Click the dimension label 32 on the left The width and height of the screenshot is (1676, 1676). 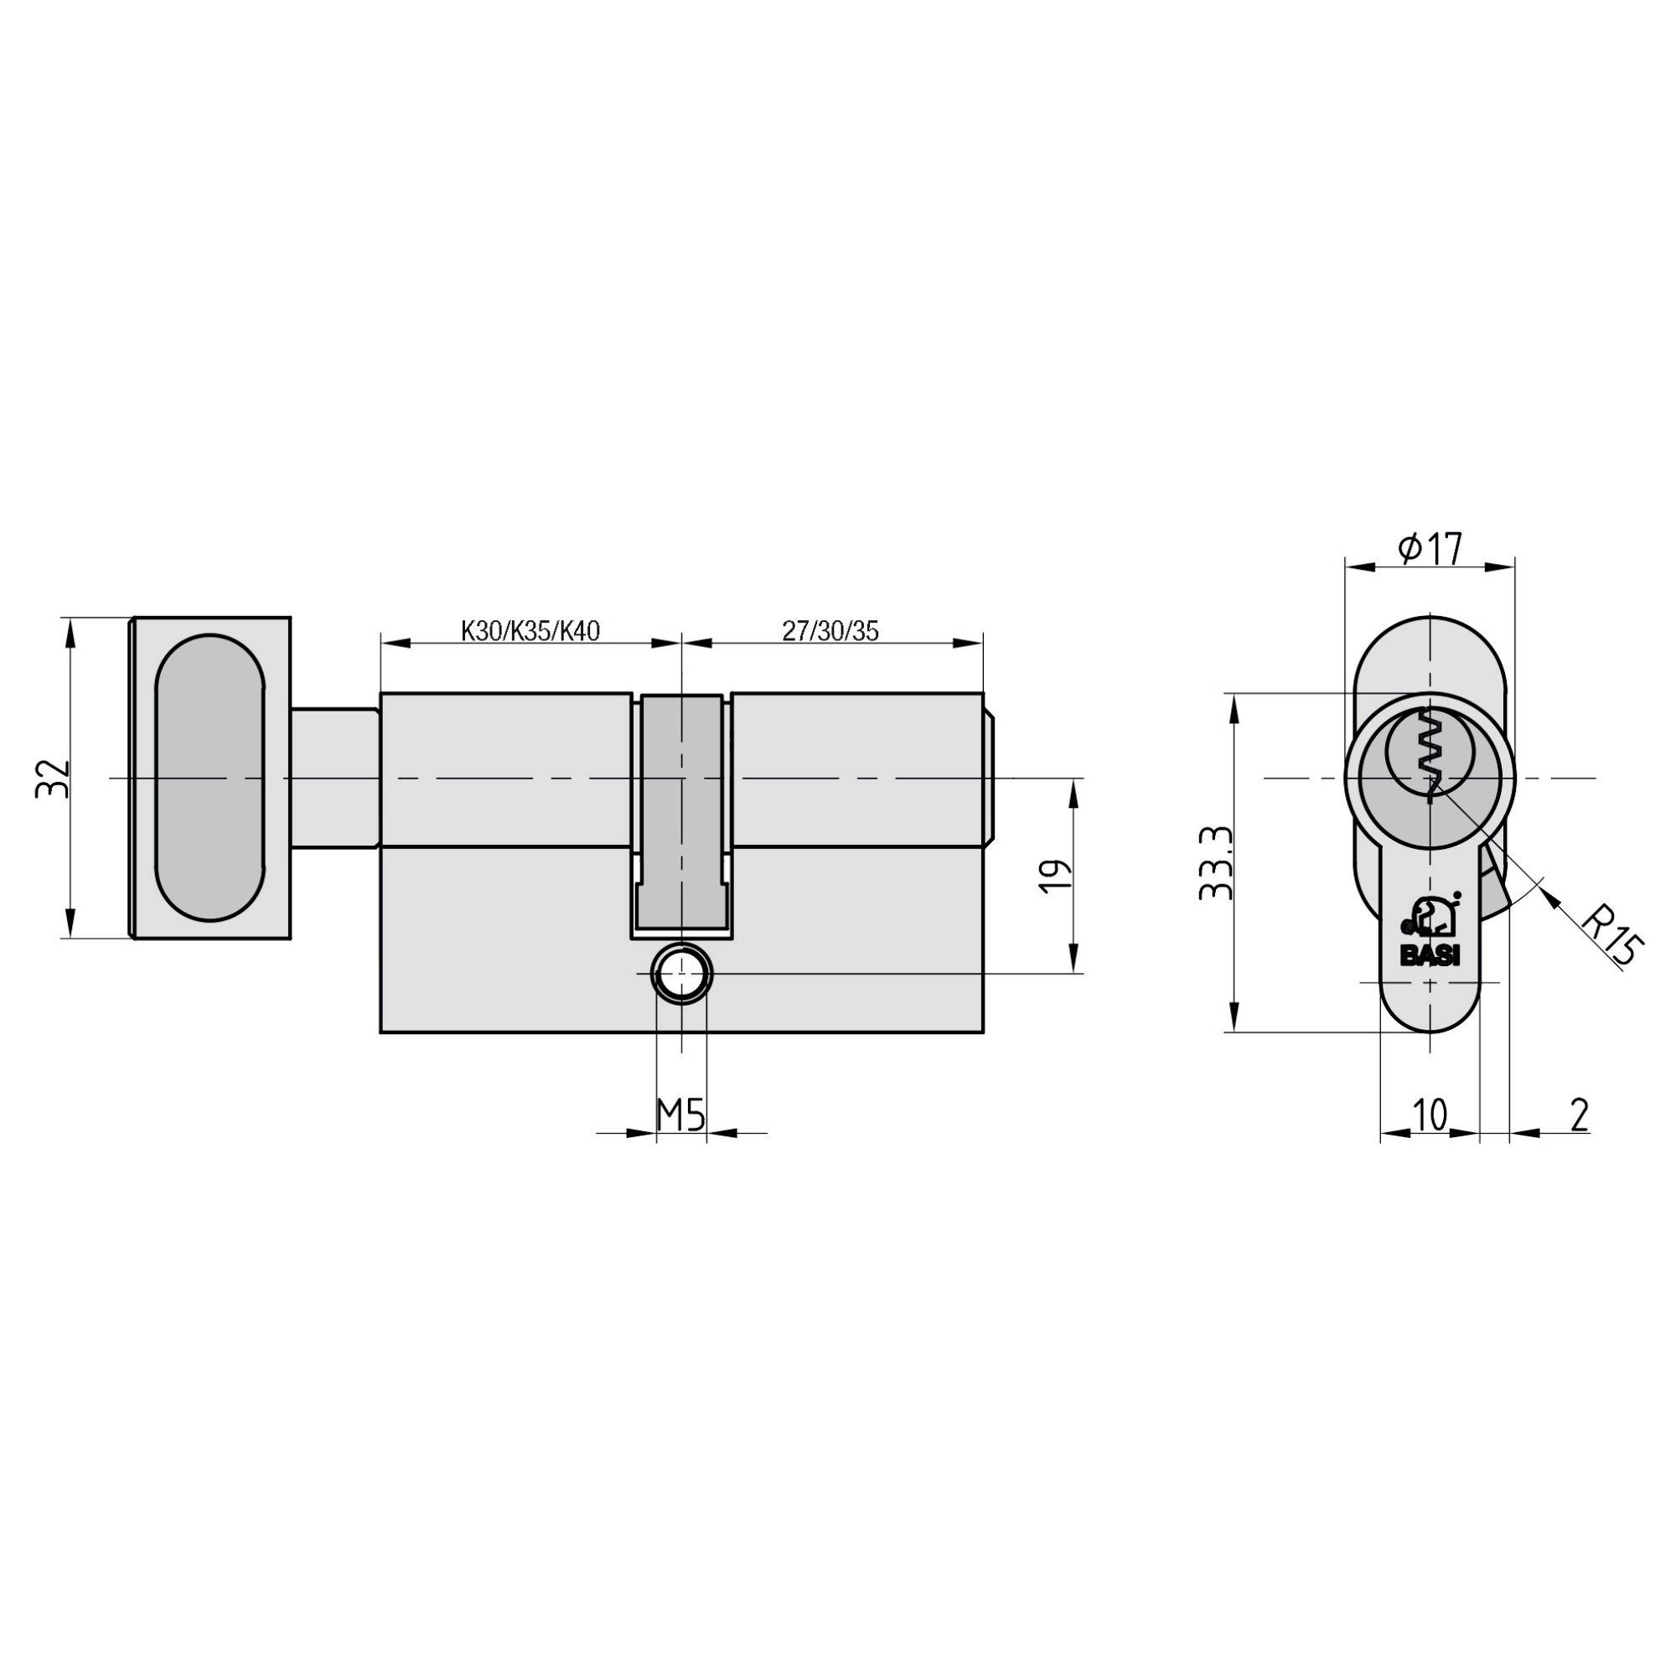[x=51, y=779]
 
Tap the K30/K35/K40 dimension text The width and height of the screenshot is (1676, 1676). [x=530, y=631]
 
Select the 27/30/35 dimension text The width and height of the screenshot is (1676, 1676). [x=830, y=631]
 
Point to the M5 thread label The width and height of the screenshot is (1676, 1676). [x=680, y=1115]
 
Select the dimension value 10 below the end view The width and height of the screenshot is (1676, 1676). [x=1430, y=1115]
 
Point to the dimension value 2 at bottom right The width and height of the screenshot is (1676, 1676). [x=1579, y=1115]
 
